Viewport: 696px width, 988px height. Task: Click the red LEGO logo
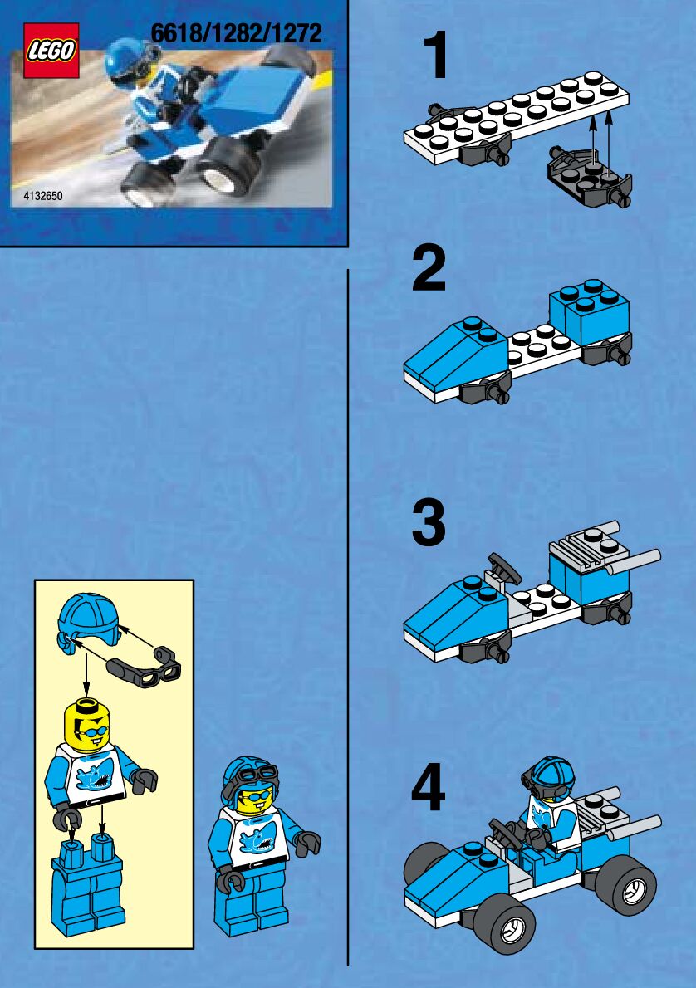(51, 51)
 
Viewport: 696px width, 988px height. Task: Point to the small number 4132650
(43, 196)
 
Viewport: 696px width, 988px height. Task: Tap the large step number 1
(436, 56)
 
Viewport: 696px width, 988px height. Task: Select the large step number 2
(429, 269)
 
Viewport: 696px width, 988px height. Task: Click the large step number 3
(429, 523)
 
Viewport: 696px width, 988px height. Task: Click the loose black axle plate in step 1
(590, 175)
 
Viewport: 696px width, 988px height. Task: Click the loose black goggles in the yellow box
(145, 668)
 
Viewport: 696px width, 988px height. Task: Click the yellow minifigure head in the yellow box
(88, 726)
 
